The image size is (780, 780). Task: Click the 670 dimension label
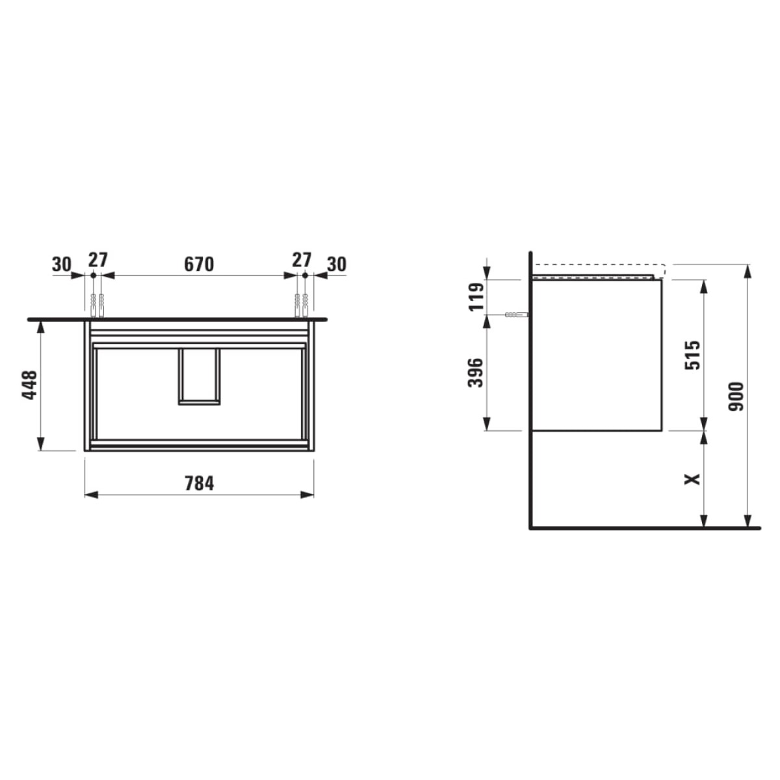199,265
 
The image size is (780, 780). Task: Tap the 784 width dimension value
199,484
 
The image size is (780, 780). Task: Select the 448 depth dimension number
29,385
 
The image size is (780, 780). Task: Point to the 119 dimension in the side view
476,296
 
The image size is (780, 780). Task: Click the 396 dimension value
476,372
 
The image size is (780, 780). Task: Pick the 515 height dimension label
692,355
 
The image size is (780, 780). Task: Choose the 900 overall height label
735,396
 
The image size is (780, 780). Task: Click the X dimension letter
692,479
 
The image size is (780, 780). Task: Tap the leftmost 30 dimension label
62,265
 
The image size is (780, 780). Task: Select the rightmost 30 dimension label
337,265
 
